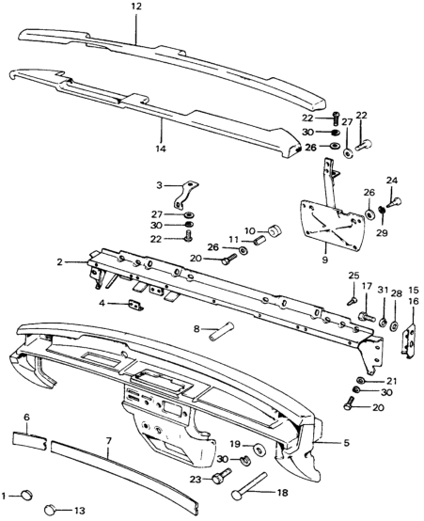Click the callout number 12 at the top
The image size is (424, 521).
tap(135, 7)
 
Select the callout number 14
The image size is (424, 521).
tap(160, 149)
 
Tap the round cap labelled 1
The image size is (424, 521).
tap(26, 495)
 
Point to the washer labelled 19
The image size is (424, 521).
tap(259, 450)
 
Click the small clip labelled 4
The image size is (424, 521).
tap(136, 305)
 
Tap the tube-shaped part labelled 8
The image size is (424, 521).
tap(221, 331)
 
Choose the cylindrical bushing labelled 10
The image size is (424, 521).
tap(275, 231)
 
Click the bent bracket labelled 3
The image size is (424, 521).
tap(185, 197)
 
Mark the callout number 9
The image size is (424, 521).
tap(324, 260)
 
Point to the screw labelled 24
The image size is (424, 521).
tap(395, 202)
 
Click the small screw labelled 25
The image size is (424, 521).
tap(353, 301)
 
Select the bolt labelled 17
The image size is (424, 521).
tap(367, 316)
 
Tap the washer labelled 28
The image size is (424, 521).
tap(395, 324)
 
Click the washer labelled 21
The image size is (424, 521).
tap(360, 380)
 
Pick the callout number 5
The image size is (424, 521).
tap(346, 443)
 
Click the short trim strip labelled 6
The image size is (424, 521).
tap(29, 441)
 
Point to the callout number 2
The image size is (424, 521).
tap(59, 262)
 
